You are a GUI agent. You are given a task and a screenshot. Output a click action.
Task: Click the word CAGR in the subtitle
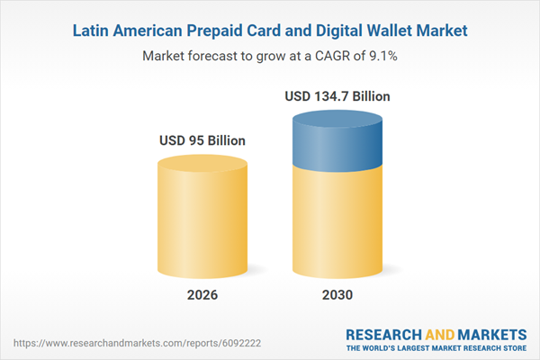coord(319,55)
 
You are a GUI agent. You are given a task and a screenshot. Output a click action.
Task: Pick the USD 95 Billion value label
coord(202,141)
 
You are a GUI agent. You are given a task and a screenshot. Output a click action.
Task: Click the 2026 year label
coord(202,293)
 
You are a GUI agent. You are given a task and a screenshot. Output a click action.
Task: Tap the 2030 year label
coord(338,293)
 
